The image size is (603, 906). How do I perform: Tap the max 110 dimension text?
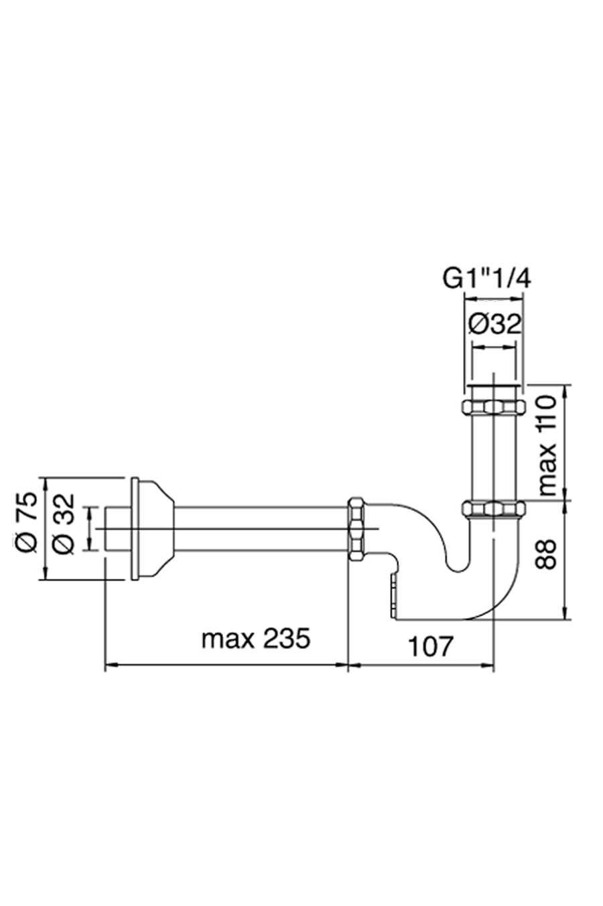547,444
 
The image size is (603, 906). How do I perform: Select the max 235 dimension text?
256,638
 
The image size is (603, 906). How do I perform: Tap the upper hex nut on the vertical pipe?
494,406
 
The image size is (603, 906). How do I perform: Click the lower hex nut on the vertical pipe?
494,510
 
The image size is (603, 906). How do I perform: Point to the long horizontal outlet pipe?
261,529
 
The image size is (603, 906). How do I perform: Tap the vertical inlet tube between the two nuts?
494,457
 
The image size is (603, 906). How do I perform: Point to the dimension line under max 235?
228,665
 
